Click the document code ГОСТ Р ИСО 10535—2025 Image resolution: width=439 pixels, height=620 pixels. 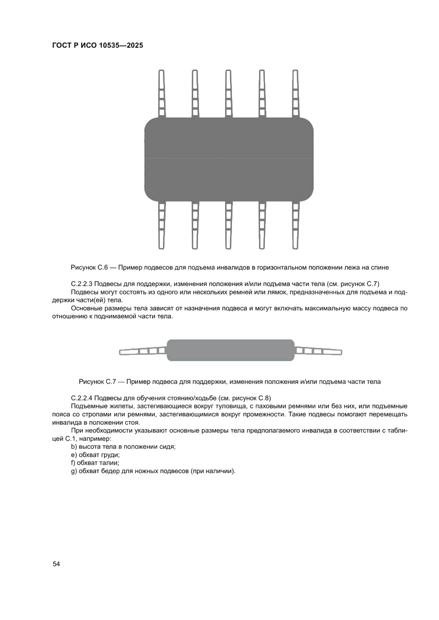coord(98,45)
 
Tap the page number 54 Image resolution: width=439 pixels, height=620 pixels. coord(56,564)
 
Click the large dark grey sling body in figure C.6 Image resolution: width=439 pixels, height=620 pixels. coord(229,159)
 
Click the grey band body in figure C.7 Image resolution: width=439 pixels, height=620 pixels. coord(230,350)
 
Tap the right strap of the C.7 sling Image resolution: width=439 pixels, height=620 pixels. coord(318,351)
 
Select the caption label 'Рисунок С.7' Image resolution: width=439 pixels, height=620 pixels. coord(97,381)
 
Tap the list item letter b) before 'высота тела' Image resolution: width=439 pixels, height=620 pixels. coord(74,447)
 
